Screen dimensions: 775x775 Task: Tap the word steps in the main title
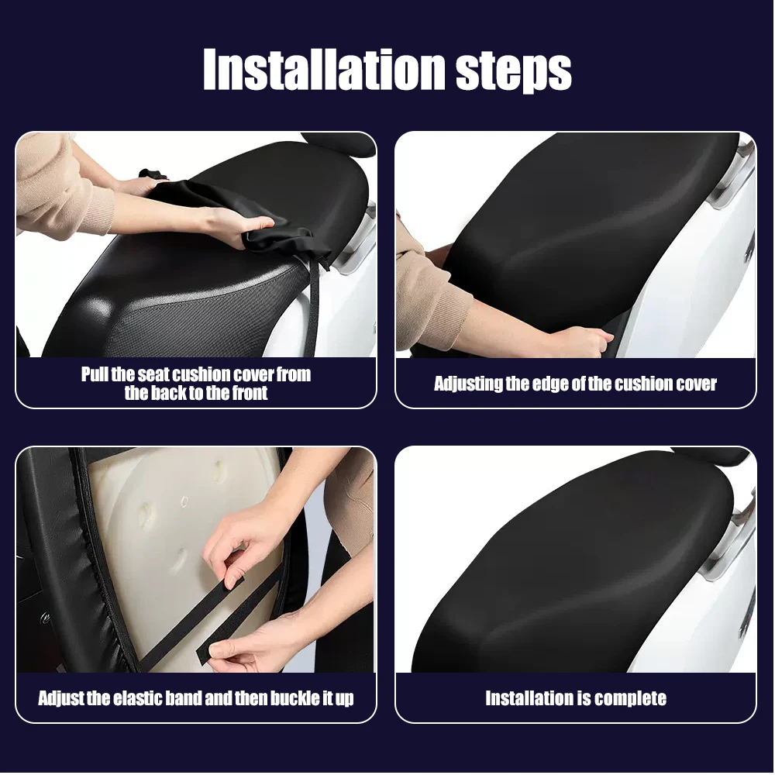coord(514,71)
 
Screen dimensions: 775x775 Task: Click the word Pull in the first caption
coord(95,374)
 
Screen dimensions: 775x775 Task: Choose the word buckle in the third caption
coord(295,698)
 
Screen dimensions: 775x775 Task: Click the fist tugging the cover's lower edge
coord(586,341)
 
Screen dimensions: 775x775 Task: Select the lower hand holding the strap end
coord(237,642)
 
